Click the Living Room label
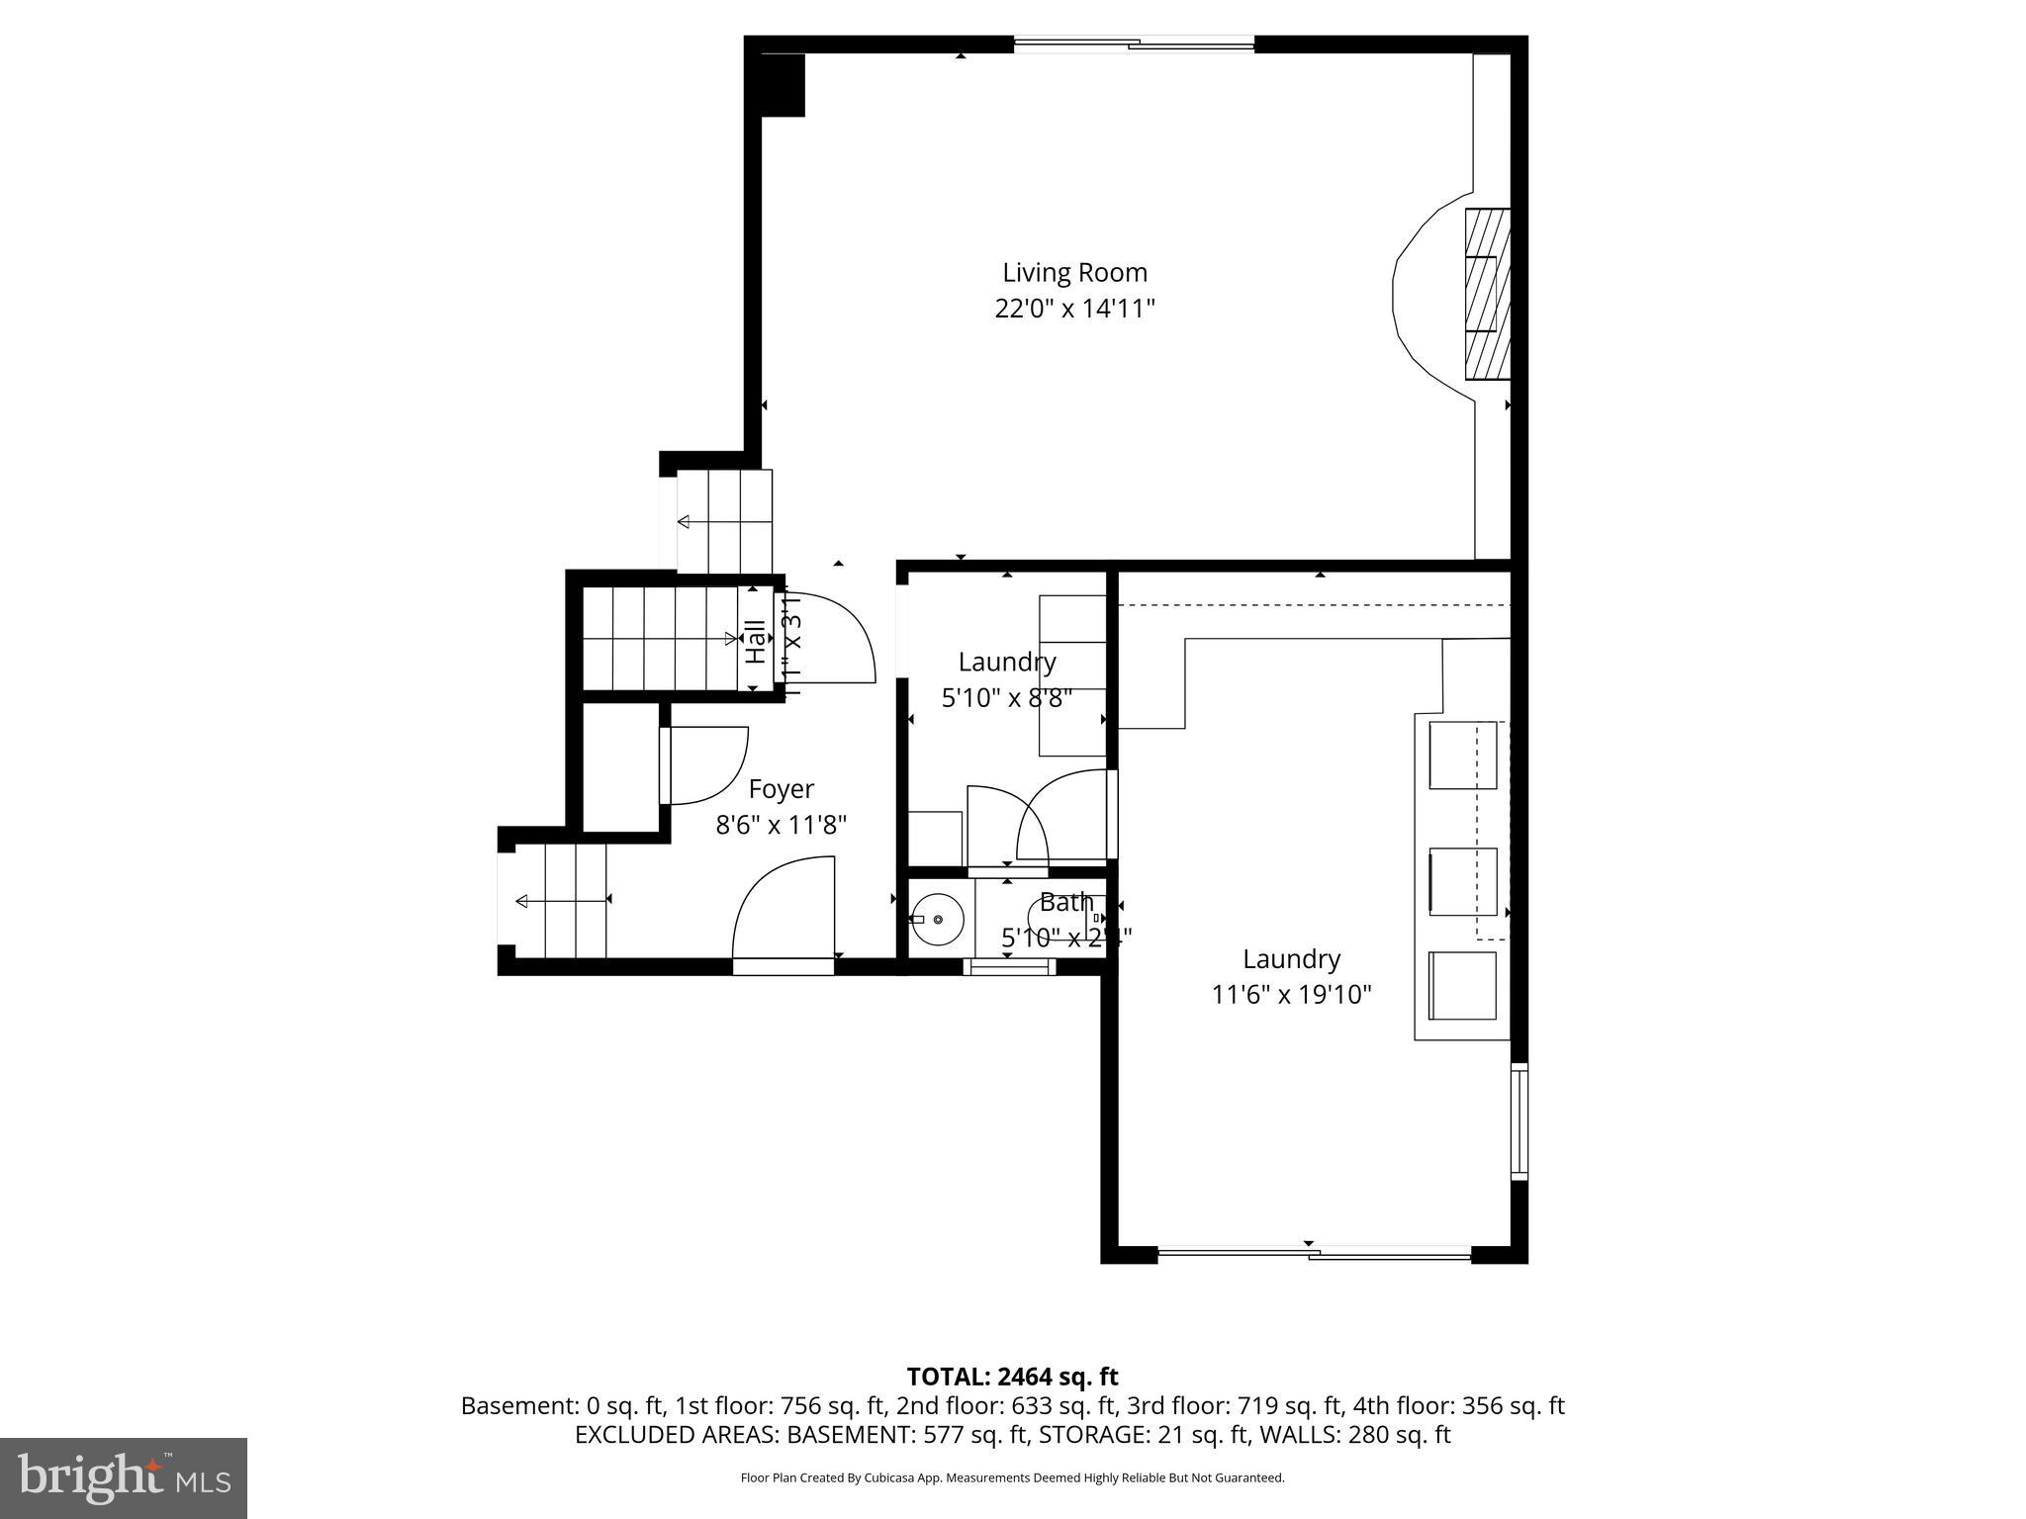1074,273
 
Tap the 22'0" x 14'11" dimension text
1074,310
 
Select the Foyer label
781,789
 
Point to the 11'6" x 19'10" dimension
1291,995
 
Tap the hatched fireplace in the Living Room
1487,294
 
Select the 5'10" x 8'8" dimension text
1006,698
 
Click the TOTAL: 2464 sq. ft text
1012,1377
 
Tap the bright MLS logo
124,1477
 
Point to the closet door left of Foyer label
704,765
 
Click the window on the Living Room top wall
1134,44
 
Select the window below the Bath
1009,967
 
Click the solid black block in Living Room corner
783,85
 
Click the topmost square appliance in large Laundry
1462,756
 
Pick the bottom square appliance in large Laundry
1462,985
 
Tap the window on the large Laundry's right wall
1519,1121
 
